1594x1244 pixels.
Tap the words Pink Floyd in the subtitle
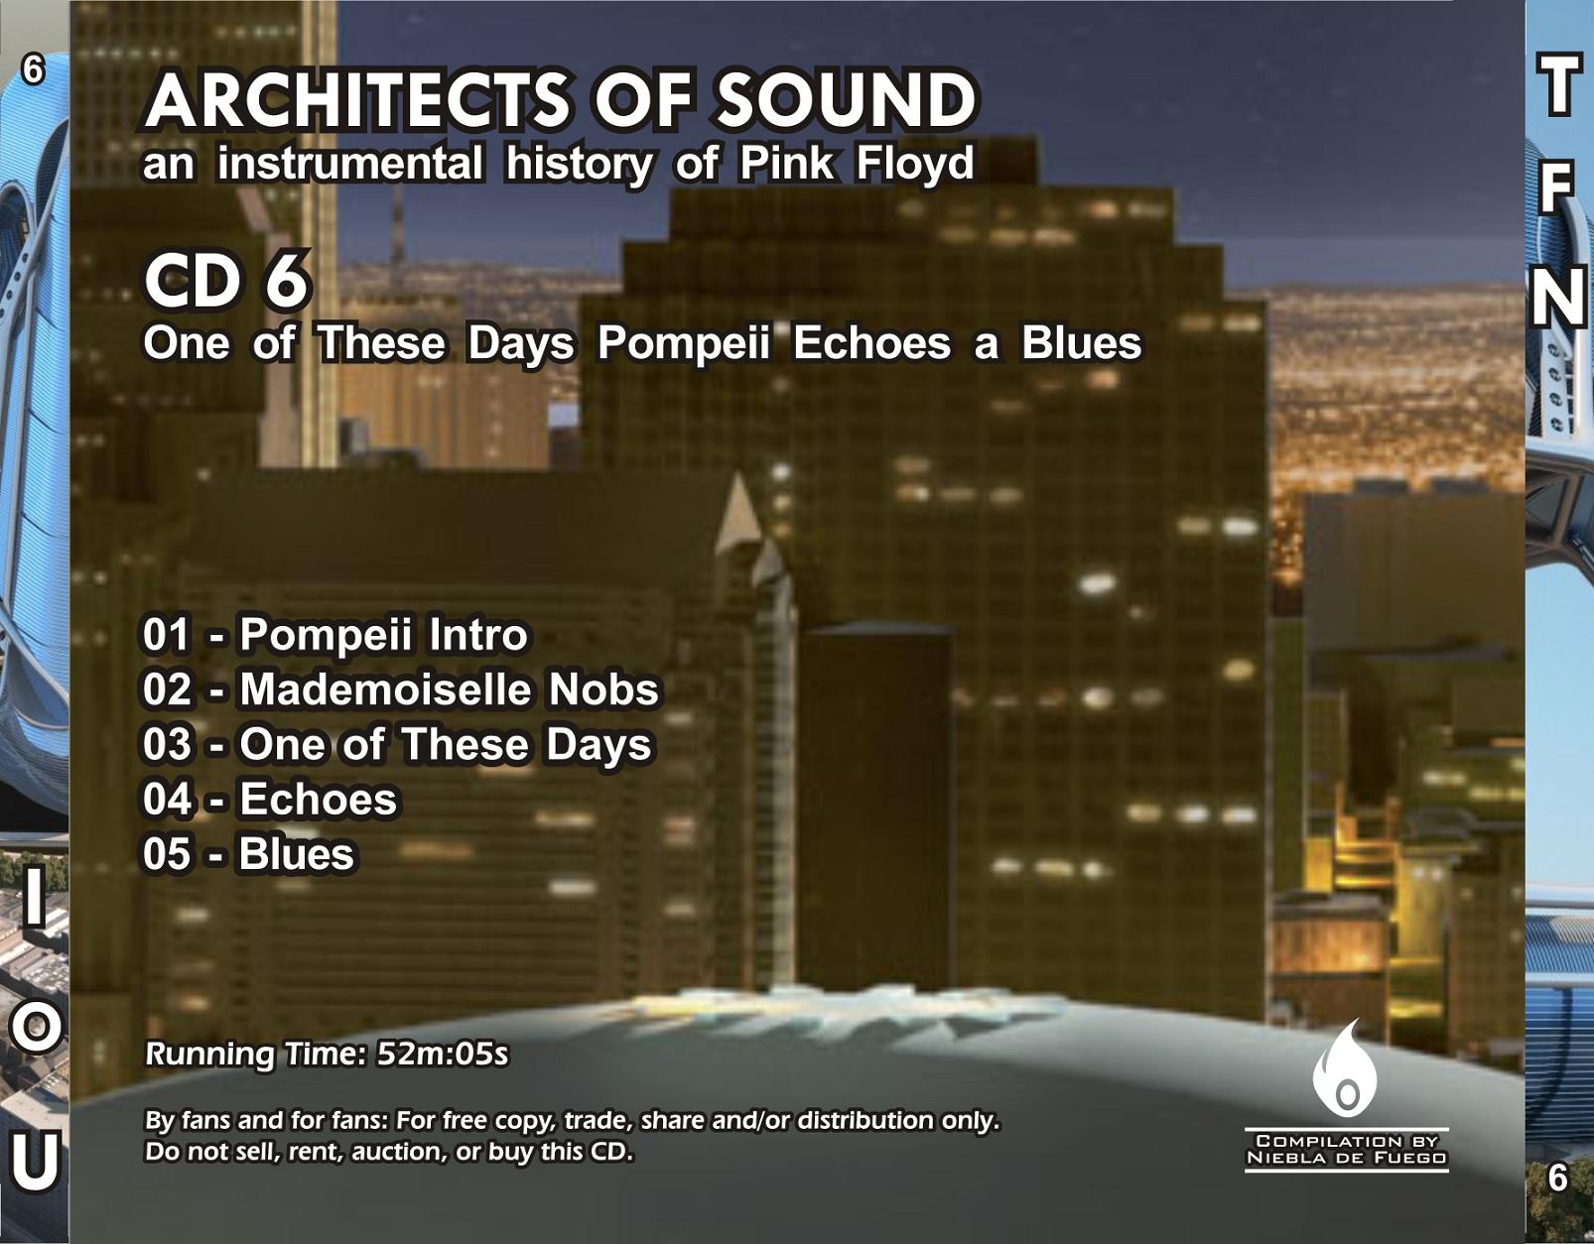[x=857, y=165]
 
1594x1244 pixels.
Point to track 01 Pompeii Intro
[x=335, y=635]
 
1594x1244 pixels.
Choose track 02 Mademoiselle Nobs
[x=401, y=689]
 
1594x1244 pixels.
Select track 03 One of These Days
[x=397, y=746]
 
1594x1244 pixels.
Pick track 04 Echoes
[x=270, y=799]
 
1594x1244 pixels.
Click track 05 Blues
[x=249, y=855]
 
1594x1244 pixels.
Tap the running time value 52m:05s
[x=443, y=1055]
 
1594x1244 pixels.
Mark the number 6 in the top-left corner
[x=33, y=70]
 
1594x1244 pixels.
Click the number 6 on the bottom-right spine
[x=1558, y=1178]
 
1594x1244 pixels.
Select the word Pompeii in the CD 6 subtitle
[x=683, y=344]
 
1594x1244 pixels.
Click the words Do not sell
[x=210, y=1152]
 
